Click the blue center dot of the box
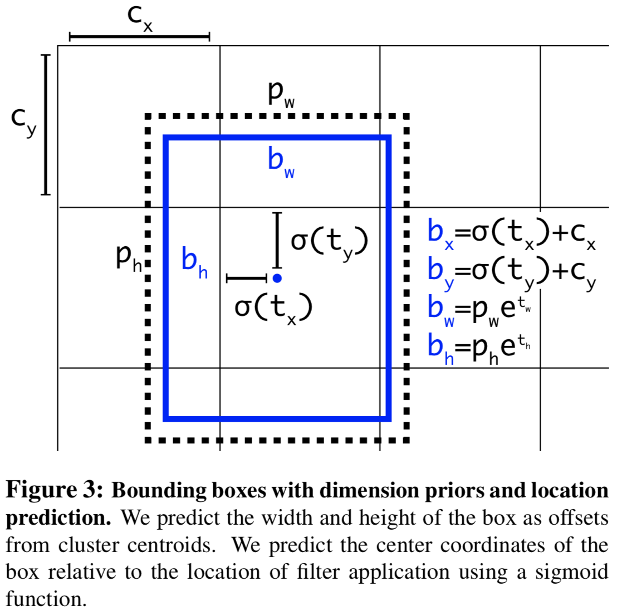click(277, 278)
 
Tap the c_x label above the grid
click(139, 17)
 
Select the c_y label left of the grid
click(24, 121)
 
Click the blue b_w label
click(281, 162)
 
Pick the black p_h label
click(129, 257)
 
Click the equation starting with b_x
click(511, 233)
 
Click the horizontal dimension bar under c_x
click(139, 37)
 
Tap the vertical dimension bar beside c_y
click(46, 124)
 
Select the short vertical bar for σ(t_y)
click(277, 240)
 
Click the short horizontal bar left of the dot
click(247, 278)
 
